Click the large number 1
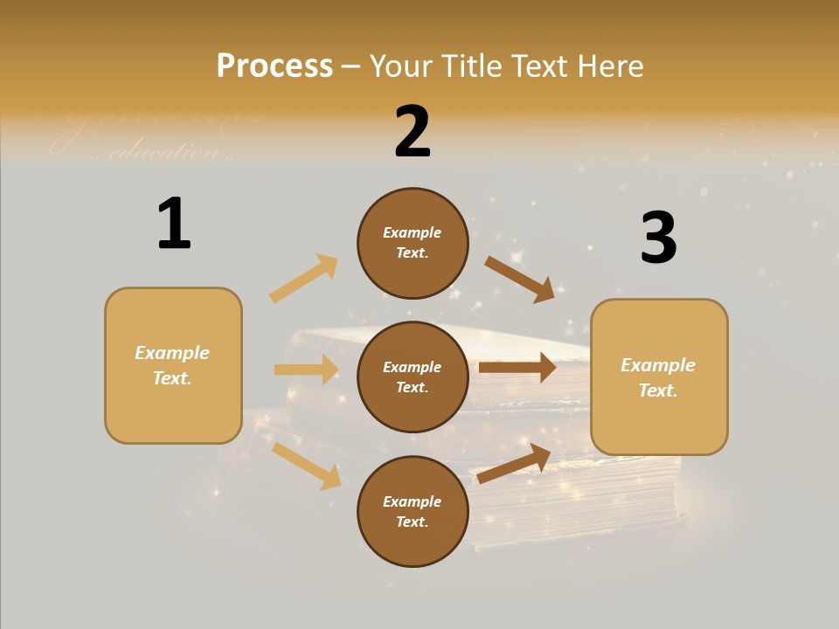(174, 224)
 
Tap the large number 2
(413, 132)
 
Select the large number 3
(658, 238)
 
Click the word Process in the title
(274, 66)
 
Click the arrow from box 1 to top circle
(304, 279)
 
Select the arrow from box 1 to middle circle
(307, 370)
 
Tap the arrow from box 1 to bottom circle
(306, 466)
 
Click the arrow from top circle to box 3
(519, 279)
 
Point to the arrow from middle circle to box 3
(517, 367)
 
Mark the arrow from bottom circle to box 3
(514, 463)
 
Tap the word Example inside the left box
(172, 353)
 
